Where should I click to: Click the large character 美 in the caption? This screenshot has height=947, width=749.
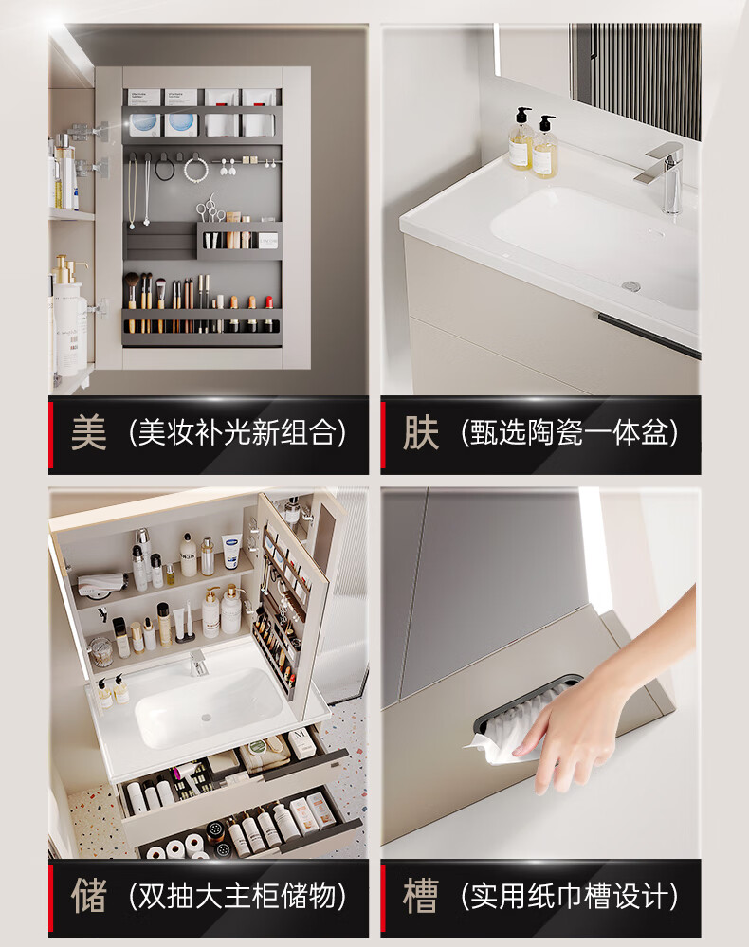(89, 432)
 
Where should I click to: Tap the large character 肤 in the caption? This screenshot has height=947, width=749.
(420, 432)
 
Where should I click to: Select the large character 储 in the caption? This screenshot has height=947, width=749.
(89, 896)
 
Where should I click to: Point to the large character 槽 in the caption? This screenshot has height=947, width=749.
(420, 896)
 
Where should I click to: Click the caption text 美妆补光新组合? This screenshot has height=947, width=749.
(237, 432)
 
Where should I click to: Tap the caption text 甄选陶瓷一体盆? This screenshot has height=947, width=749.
(569, 432)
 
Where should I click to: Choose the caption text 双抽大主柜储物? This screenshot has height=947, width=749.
(237, 896)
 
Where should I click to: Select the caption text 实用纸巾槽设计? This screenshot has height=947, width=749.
(569, 896)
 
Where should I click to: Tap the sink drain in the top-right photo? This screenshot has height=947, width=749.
(631, 285)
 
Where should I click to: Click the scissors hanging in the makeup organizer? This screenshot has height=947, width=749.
(210, 208)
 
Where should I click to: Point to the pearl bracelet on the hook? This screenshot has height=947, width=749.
(195, 171)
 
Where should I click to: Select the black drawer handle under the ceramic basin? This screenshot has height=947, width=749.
(649, 337)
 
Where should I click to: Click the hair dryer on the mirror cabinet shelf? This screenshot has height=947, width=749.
(101, 582)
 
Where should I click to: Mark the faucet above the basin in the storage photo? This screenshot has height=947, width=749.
(197, 663)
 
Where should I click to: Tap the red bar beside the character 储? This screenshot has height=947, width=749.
(51, 896)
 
